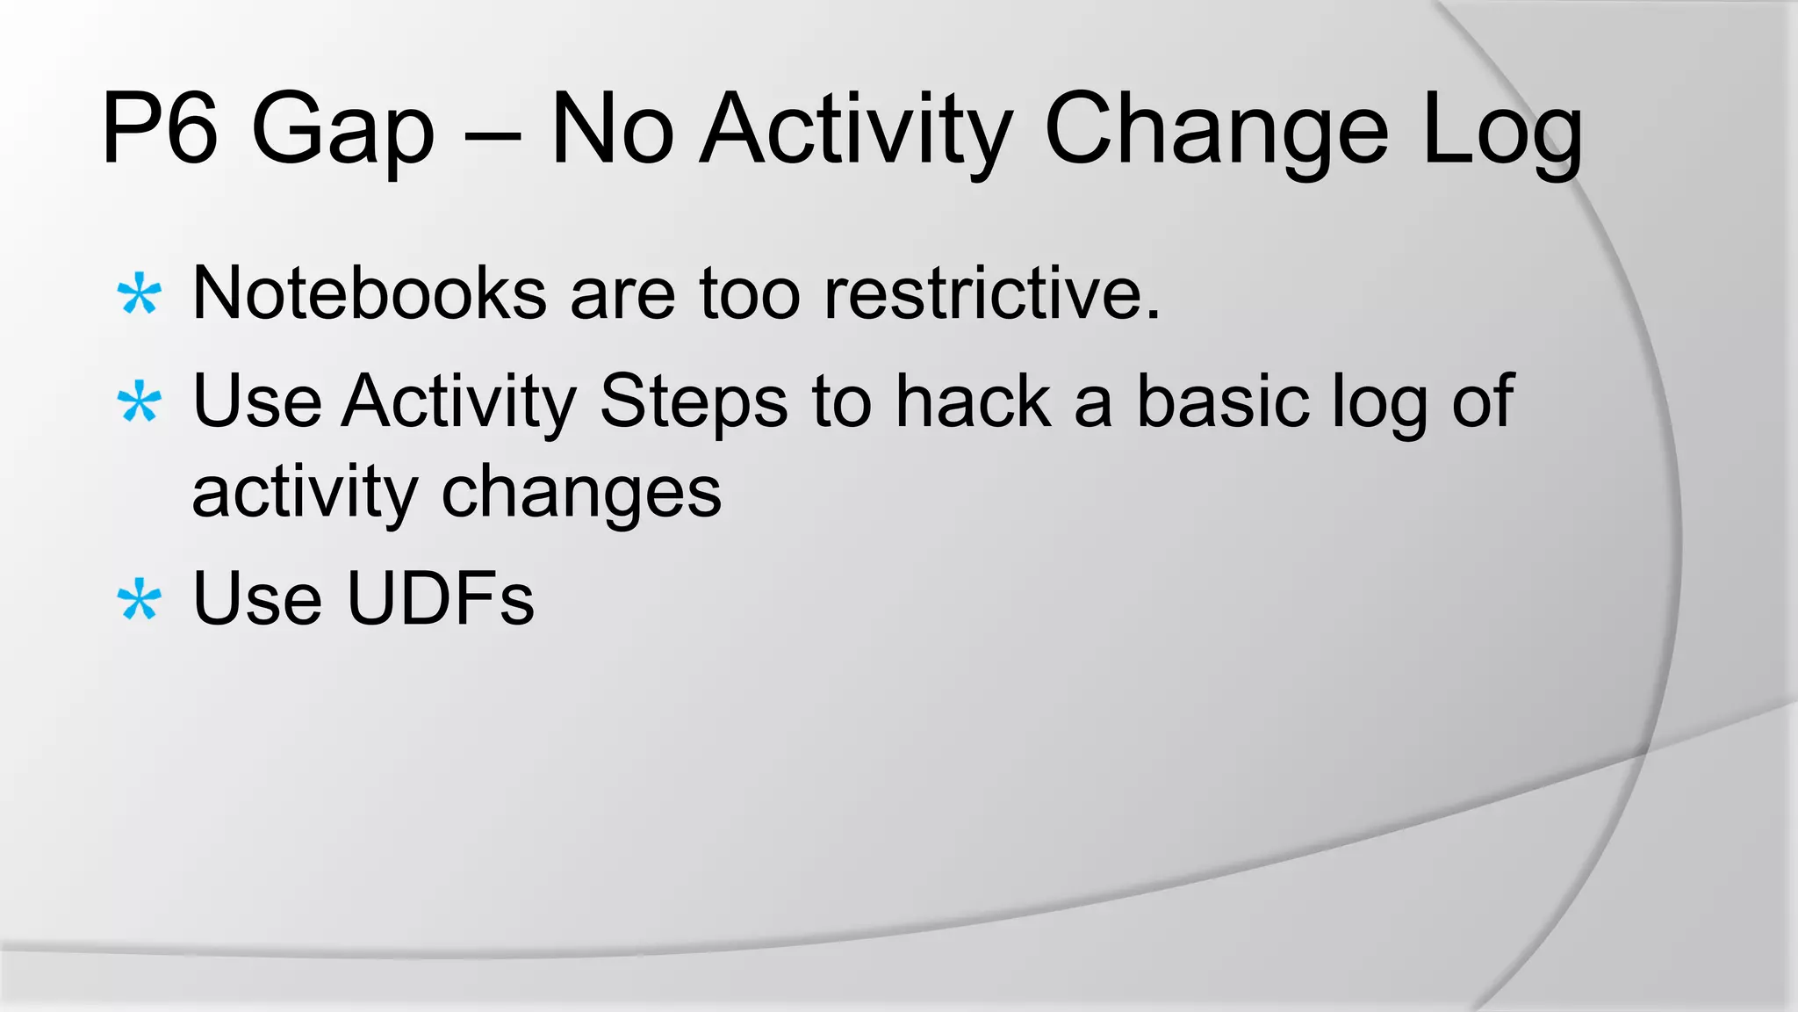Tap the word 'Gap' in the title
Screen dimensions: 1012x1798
coord(342,132)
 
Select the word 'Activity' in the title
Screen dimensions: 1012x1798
coord(856,132)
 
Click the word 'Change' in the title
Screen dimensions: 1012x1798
coord(1216,132)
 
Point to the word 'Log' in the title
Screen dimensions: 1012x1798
coord(1502,132)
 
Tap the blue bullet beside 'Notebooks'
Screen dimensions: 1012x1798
coord(140,295)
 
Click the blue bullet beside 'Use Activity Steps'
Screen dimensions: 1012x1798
coord(140,403)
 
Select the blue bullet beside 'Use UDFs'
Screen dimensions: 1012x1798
coord(140,601)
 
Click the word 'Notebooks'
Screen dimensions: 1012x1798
coord(370,293)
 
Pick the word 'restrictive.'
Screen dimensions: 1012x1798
coord(992,293)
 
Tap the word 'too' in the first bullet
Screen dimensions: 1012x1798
coord(750,293)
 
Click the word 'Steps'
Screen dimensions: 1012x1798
coord(693,402)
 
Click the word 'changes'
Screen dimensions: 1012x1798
coord(581,494)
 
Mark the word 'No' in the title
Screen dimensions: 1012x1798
coord(612,132)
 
